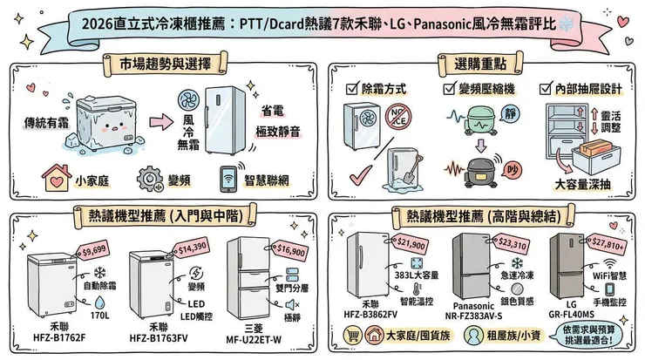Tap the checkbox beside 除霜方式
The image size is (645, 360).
pos(351,89)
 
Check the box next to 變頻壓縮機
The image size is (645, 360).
pos(449,89)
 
